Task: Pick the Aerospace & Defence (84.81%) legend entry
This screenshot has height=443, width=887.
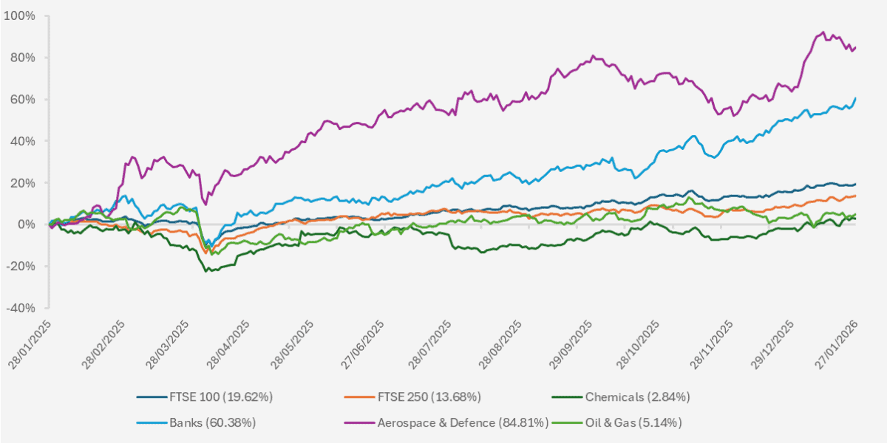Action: [462, 422]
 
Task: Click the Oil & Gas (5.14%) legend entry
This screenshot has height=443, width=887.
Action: [633, 422]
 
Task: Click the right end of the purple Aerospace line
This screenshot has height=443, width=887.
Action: [856, 47]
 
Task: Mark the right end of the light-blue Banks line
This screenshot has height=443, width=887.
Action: [856, 98]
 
